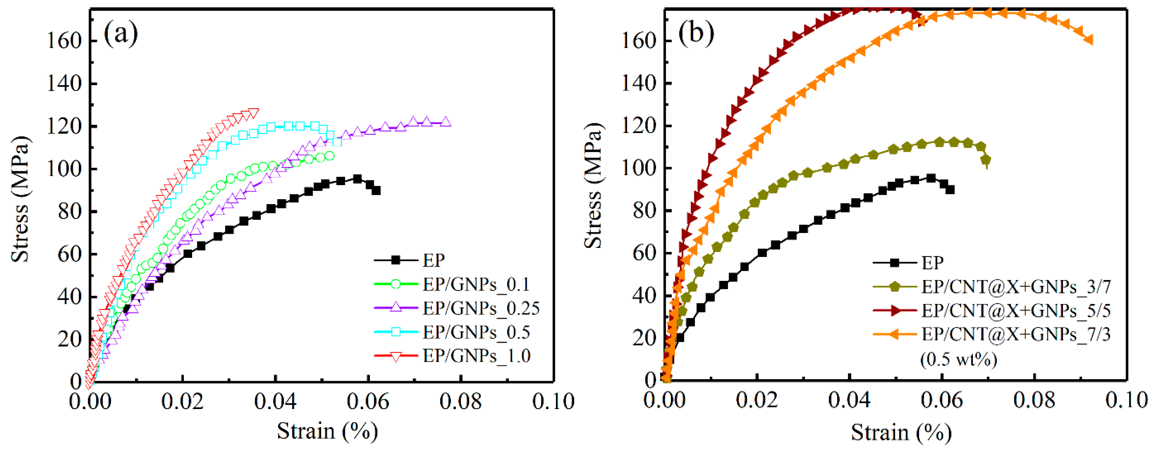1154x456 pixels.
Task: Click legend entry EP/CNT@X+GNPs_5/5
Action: tap(1016, 310)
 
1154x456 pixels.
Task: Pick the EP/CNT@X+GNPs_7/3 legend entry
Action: tap(1016, 334)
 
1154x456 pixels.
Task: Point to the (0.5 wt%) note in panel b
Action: tap(959, 359)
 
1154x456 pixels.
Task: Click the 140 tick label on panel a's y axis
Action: tap(65, 83)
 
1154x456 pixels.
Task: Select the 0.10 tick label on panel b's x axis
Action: tap(1126, 400)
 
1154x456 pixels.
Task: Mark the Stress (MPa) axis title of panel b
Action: tap(593, 186)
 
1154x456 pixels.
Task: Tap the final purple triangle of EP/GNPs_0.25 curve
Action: tap(445, 122)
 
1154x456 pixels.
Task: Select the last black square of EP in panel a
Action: tap(376, 190)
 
